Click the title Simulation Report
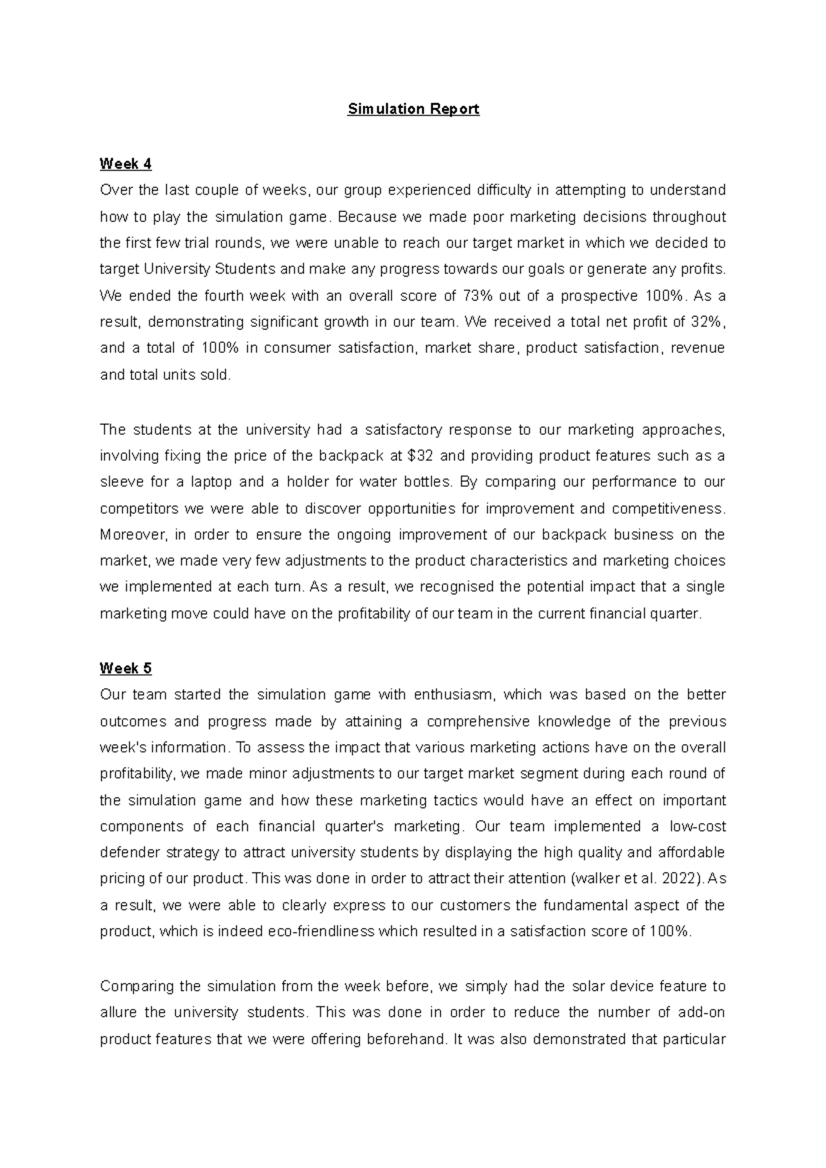pyautogui.click(x=413, y=109)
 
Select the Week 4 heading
pyautogui.click(x=125, y=164)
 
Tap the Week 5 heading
pyautogui.click(x=125, y=669)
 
